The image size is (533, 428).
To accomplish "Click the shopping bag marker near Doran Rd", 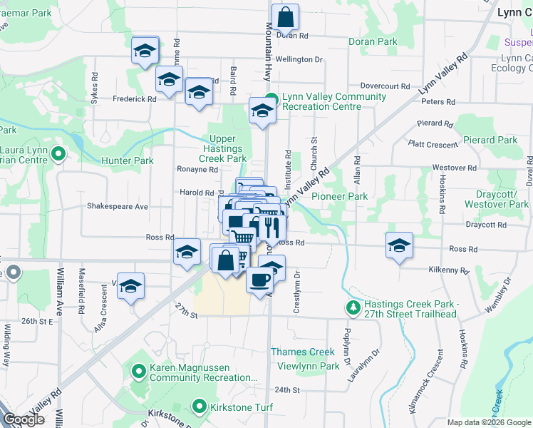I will point(285,17).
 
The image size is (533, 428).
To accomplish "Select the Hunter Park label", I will point(128,161).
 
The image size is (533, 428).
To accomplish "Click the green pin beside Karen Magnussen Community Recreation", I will point(140,370).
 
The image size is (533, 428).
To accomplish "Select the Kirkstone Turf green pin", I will point(200,408).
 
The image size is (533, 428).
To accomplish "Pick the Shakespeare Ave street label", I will point(117,206).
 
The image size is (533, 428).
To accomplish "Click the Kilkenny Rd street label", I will point(449,271).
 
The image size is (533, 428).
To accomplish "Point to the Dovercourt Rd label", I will point(385,86).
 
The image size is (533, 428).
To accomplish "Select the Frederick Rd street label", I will point(133,99).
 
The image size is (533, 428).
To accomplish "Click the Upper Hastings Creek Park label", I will point(227,149).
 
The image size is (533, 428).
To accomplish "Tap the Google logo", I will point(24,419).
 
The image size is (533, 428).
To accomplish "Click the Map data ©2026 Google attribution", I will point(489,422).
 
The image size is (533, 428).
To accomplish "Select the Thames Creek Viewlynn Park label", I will point(305,359).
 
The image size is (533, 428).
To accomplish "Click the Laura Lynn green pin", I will point(59,153).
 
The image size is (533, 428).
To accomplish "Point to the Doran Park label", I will point(373,41).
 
